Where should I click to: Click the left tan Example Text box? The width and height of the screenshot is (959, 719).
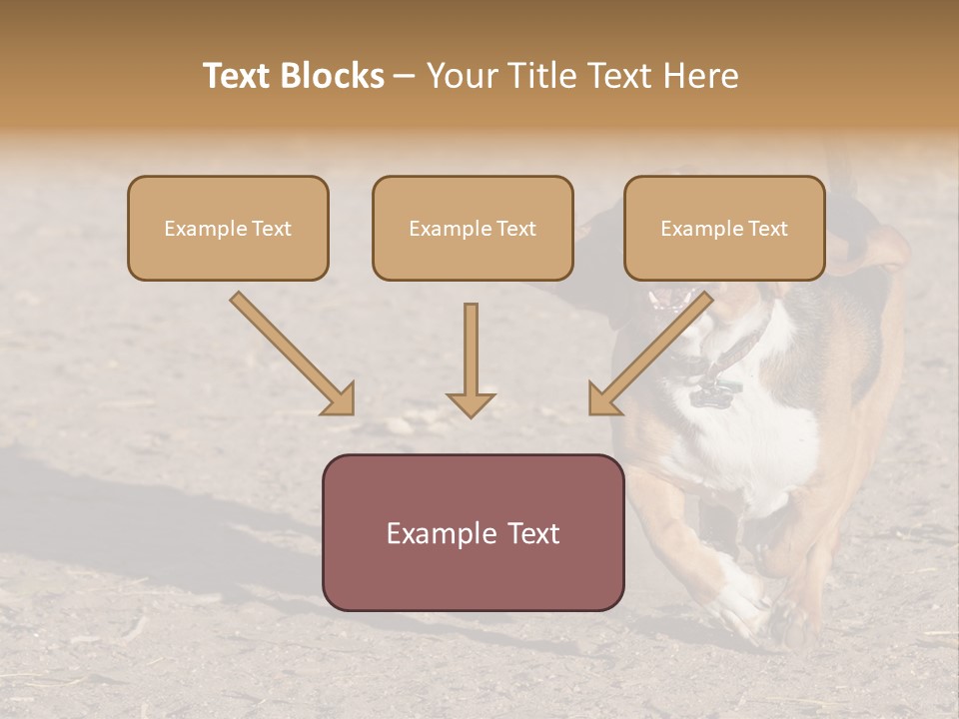(228, 229)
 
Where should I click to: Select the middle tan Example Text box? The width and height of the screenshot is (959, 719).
(473, 229)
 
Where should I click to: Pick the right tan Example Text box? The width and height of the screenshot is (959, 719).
(724, 229)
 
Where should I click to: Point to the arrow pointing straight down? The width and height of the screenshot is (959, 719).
(471, 359)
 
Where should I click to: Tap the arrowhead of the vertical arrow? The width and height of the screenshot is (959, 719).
(471, 403)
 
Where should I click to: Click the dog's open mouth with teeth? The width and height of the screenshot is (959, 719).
(666, 299)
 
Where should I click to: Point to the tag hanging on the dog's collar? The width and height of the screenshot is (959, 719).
(711, 392)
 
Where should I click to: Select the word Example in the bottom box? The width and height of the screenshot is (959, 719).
(432, 533)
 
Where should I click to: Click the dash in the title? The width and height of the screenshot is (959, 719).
(405, 76)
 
